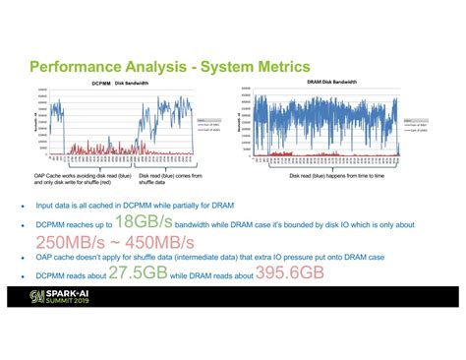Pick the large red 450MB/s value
point(157,242)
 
